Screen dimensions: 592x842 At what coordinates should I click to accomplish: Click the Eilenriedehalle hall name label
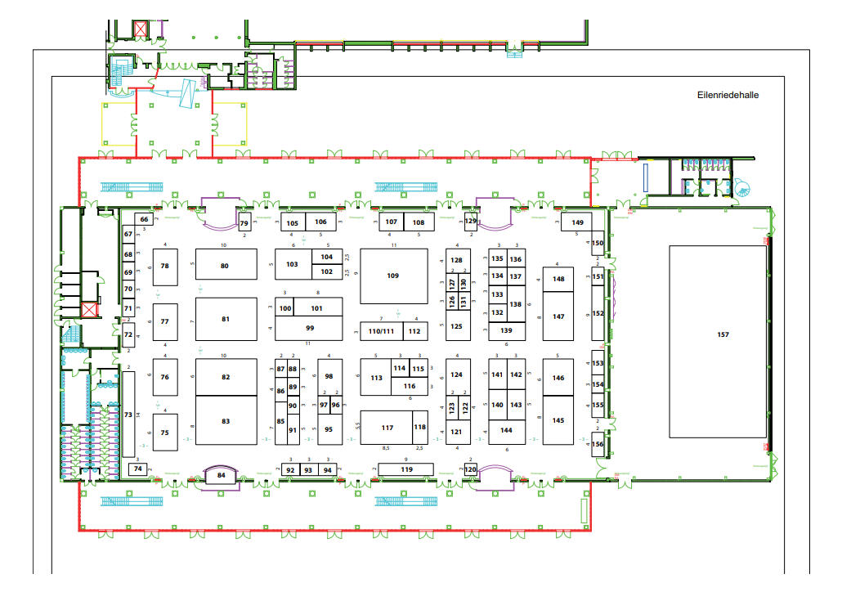pyautogui.click(x=728, y=95)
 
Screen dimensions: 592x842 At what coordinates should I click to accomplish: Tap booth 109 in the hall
pyautogui.click(x=393, y=276)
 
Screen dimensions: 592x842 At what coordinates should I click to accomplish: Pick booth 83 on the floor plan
pyautogui.click(x=226, y=421)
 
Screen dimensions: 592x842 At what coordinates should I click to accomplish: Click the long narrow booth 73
pyautogui.click(x=128, y=415)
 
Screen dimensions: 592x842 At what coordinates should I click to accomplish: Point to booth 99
pyautogui.click(x=310, y=328)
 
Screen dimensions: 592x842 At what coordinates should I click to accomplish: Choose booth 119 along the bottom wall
pyautogui.click(x=406, y=469)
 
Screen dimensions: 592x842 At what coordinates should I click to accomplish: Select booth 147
pyautogui.click(x=559, y=316)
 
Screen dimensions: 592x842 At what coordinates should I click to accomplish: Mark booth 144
pyautogui.click(x=507, y=430)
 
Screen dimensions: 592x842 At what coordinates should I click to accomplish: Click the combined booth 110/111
pyautogui.click(x=381, y=331)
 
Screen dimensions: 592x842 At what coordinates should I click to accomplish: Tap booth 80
pyautogui.click(x=225, y=266)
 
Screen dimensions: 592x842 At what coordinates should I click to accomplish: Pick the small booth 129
pyautogui.click(x=471, y=222)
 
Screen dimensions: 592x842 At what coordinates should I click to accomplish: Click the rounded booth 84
pyautogui.click(x=221, y=474)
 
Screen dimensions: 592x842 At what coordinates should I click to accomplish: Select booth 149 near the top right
pyautogui.click(x=578, y=222)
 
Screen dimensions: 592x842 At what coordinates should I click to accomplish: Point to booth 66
pyautogui.click(x=144, y=219)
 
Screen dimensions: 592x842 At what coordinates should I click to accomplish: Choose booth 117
pyautogui.click(x=387, y=428)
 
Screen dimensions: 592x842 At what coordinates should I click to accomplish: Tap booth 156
pyautogui.click(x=598, y=444)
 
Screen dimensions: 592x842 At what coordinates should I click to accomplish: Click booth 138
pyautogui.click(x=516, y=304)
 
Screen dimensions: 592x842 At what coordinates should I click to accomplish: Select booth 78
pyautogui.click(x=165, y=266)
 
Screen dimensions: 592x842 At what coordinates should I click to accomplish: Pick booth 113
pyautogui.click(x=377, y=378)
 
